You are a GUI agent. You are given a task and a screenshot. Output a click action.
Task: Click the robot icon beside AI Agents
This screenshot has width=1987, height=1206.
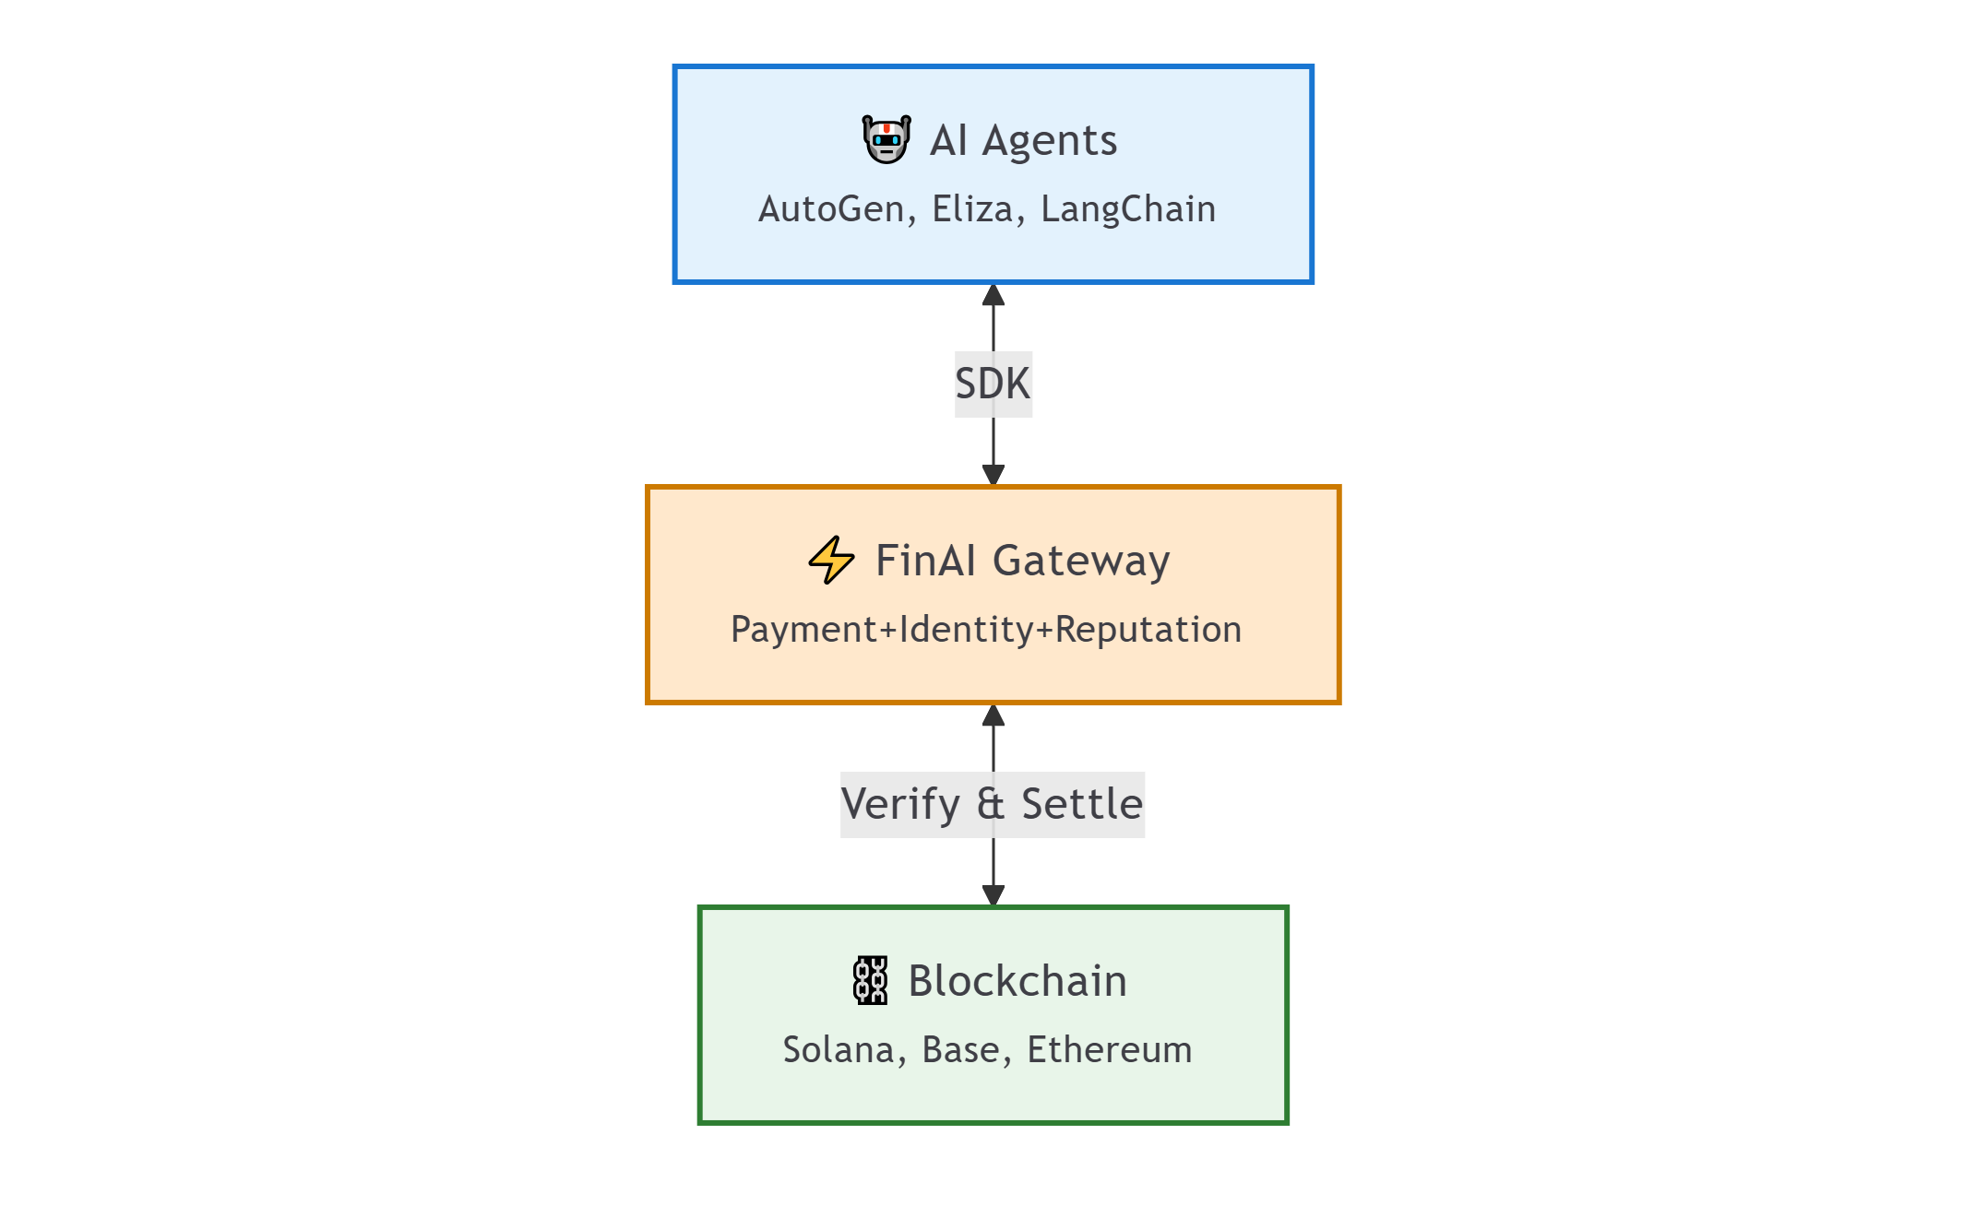[x=886, y=140]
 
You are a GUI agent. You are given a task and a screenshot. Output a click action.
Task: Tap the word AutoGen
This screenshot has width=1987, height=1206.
[x=830, y=209]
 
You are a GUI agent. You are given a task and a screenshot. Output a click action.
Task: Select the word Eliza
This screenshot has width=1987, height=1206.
[x=972, y=209]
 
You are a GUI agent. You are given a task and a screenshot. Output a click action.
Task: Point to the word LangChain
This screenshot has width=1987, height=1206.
[x=1127, y=209]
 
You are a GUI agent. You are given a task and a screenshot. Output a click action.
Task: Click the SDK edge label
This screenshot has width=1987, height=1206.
[x=993, y=384]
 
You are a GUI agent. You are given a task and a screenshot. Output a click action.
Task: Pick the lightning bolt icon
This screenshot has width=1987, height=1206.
[x=831, y=560]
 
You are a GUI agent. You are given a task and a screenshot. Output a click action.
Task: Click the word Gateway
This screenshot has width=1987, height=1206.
[x=1080, y=562]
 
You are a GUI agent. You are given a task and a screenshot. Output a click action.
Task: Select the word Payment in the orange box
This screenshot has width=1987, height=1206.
[x=803, y=630]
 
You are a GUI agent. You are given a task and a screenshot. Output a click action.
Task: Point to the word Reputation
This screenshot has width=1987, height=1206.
[x=1148, y=630]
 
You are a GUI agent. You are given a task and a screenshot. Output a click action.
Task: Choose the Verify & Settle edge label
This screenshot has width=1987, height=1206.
[x=993, y=804]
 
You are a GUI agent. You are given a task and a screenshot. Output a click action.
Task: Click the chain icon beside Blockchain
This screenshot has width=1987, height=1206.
[x=870, y=980]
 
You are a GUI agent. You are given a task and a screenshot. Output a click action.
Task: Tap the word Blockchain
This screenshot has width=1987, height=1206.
[x=1017, y=981]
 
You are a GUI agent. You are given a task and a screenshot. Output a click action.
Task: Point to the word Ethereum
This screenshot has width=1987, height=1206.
[x=1109, y=1050]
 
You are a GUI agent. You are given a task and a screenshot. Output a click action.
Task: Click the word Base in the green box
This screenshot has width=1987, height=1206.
[x=961, y=1050]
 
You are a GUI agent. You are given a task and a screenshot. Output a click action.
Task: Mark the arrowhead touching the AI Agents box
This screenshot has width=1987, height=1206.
[x=993, y=296]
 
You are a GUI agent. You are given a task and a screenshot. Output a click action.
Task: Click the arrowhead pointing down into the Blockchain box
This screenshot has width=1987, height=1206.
[x=993, y=893]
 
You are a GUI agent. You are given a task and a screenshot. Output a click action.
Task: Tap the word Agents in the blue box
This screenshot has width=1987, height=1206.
[x=1049, y=141]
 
